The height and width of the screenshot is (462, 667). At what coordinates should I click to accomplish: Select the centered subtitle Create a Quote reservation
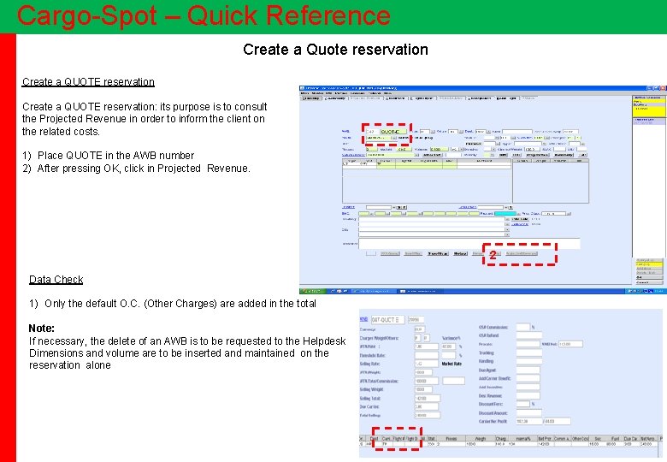(335, 50)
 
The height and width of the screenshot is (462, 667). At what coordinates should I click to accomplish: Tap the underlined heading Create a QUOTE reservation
(88, 82)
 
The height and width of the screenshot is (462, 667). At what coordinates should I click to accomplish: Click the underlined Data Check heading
(56, 280)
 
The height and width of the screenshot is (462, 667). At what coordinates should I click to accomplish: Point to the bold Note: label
(42, 329)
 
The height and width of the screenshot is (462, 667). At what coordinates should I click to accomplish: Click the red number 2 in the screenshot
(493, 255)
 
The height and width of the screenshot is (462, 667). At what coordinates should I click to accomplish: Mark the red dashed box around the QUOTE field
(386, 135)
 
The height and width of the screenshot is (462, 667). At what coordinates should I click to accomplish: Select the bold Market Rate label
(452, 364)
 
